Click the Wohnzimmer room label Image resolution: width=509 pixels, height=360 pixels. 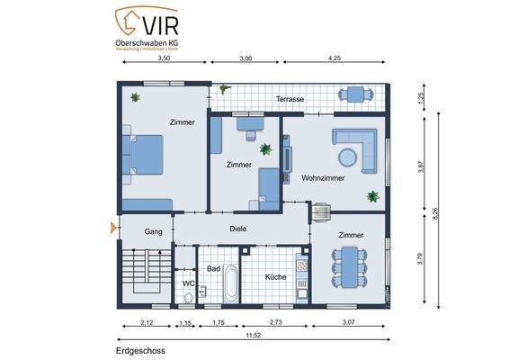click(x=322, y=177)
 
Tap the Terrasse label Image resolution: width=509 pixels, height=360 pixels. click(x=290, y=100)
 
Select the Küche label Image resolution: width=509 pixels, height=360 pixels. click(x=275, y=276)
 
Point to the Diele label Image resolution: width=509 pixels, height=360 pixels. click(x=237, y=229)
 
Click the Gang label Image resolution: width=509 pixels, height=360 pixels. click(x=154, y=231)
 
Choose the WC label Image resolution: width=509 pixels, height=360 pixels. click(x=188, y=283)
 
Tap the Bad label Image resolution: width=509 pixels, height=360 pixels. click(x=213, y=268)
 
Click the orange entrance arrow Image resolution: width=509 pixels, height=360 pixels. click(x=113, y=228)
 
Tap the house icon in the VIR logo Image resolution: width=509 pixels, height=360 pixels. click(x=129, y=18)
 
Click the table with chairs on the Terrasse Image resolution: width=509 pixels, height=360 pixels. click(x=356, y=94)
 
